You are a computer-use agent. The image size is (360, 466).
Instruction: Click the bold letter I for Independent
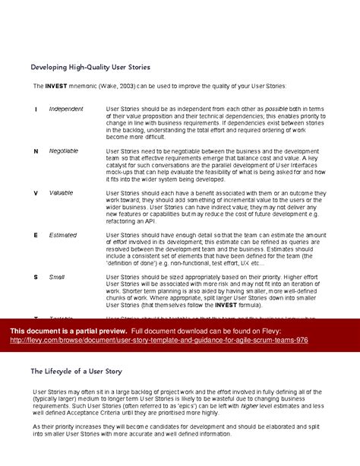point(36,109)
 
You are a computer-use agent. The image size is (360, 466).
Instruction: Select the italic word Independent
point(66,109)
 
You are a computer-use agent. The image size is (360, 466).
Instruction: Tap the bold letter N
point(36,151)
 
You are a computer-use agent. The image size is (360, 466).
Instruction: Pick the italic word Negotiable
point(64,151)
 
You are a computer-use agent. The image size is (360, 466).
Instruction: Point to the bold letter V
point(36,193)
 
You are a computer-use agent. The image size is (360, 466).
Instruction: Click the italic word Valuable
point(62,193)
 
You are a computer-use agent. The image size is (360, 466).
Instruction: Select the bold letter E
point(36,236)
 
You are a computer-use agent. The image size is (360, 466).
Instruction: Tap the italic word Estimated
point(63,236)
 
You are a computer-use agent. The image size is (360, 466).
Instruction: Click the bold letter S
point(36,277)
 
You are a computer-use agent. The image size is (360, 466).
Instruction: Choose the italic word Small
point(58,277)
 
